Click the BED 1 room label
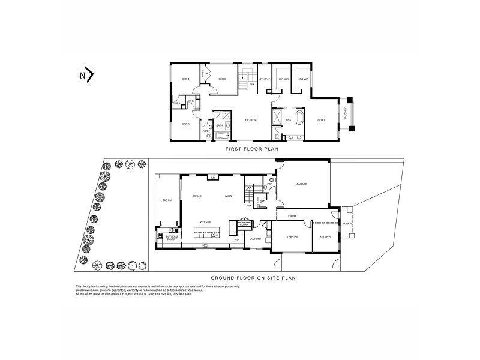pyautogui.click(x=321, y=120)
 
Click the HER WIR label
pyautogui.click(x=303, y=79)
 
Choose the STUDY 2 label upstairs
pyautogui.click(x=264, y=79)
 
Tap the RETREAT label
pyautogui.click(x=251, y=120)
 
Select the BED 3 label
pyautogui.click(x=185, y=124)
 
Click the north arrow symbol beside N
pyautogui.click(x=91, y=75)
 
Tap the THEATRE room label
pyautogui.click(x=292, y=238)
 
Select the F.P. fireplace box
pyautogui.click(x=212, y=178)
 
